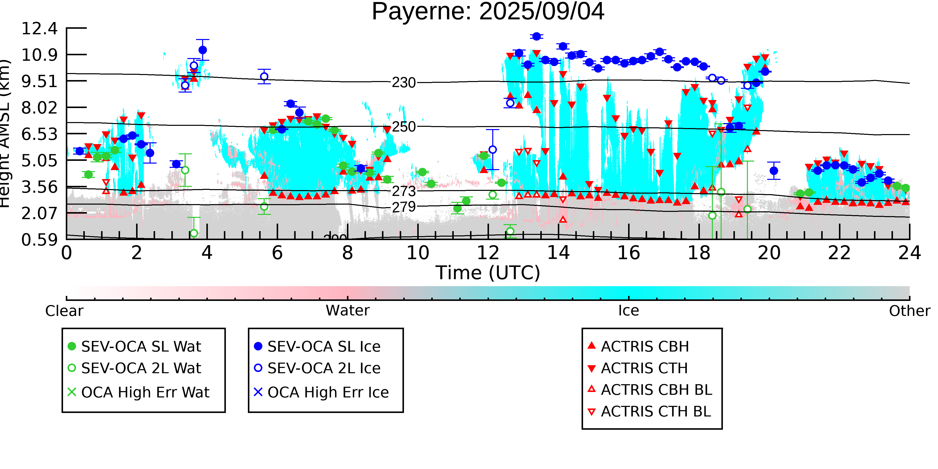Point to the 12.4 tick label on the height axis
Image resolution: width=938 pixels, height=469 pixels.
pyautogui.click(x=39, y=29)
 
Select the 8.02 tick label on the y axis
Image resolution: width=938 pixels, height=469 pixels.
pyautogui.click(x=39, y=108)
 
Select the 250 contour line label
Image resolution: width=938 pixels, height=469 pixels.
pyautogui.click(x=403, y=127)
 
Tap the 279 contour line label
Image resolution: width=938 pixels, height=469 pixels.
pyautogui.click(x=403, y=207)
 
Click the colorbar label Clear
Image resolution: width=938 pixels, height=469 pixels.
pyautogui.click(x=64, y=311)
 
